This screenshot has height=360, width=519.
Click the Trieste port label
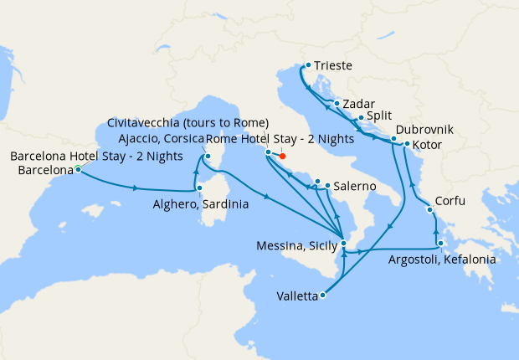pos(333,65)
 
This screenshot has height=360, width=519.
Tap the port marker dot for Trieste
pos(308,64)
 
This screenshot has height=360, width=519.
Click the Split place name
pos(379,118)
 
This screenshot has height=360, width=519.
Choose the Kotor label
pos(429,145)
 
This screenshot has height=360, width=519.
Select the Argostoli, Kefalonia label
pos(442,260)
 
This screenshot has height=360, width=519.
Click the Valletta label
pos(296,296)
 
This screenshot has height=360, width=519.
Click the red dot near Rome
pos(282,156)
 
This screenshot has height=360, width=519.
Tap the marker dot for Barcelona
pos(78,169)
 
